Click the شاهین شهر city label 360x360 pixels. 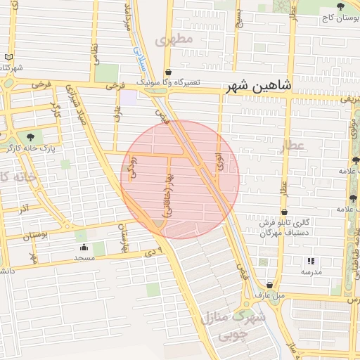click(x=258, y=86)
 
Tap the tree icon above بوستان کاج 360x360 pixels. click(x=340, y=6)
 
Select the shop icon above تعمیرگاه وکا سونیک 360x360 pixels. click(x=168, y=72)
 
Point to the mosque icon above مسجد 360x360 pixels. click(x=84, y=247)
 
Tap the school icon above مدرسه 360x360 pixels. click(x=311, y=262)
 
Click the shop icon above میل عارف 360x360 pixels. click(x=269, y=285)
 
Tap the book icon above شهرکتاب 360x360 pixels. click(x=8, y=57)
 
